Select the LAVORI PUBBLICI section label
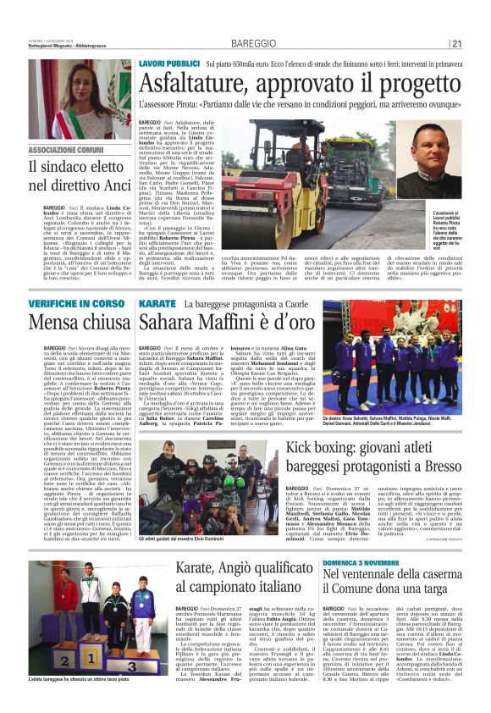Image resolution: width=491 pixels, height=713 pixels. coord(168,64)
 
